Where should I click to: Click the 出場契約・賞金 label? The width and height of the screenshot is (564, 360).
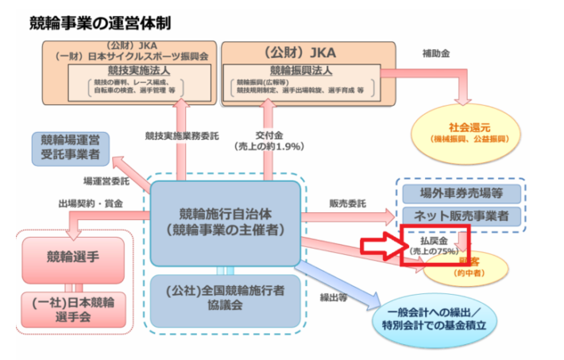[91, 203]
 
